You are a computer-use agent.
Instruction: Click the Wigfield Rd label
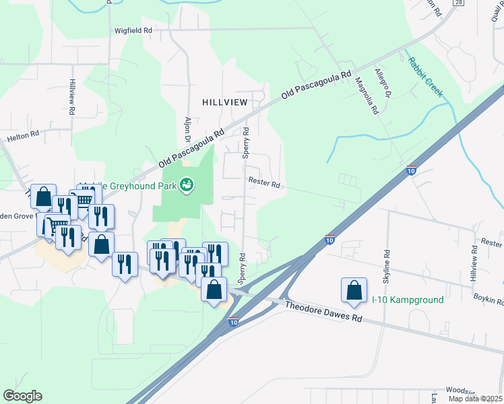[x=133, y=30]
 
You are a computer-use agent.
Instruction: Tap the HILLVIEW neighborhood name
[x=225, y=102]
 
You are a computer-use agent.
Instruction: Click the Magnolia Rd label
[x=367, y=96]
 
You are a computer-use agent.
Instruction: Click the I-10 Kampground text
[x=408, y=300]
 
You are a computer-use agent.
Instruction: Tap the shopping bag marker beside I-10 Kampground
[x=354, y=290]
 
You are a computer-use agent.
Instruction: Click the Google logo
[x=22, y=395]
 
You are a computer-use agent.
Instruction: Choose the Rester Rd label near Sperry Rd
[x=263, y=180]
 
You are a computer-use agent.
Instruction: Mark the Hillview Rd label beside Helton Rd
[x=72, y=96]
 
